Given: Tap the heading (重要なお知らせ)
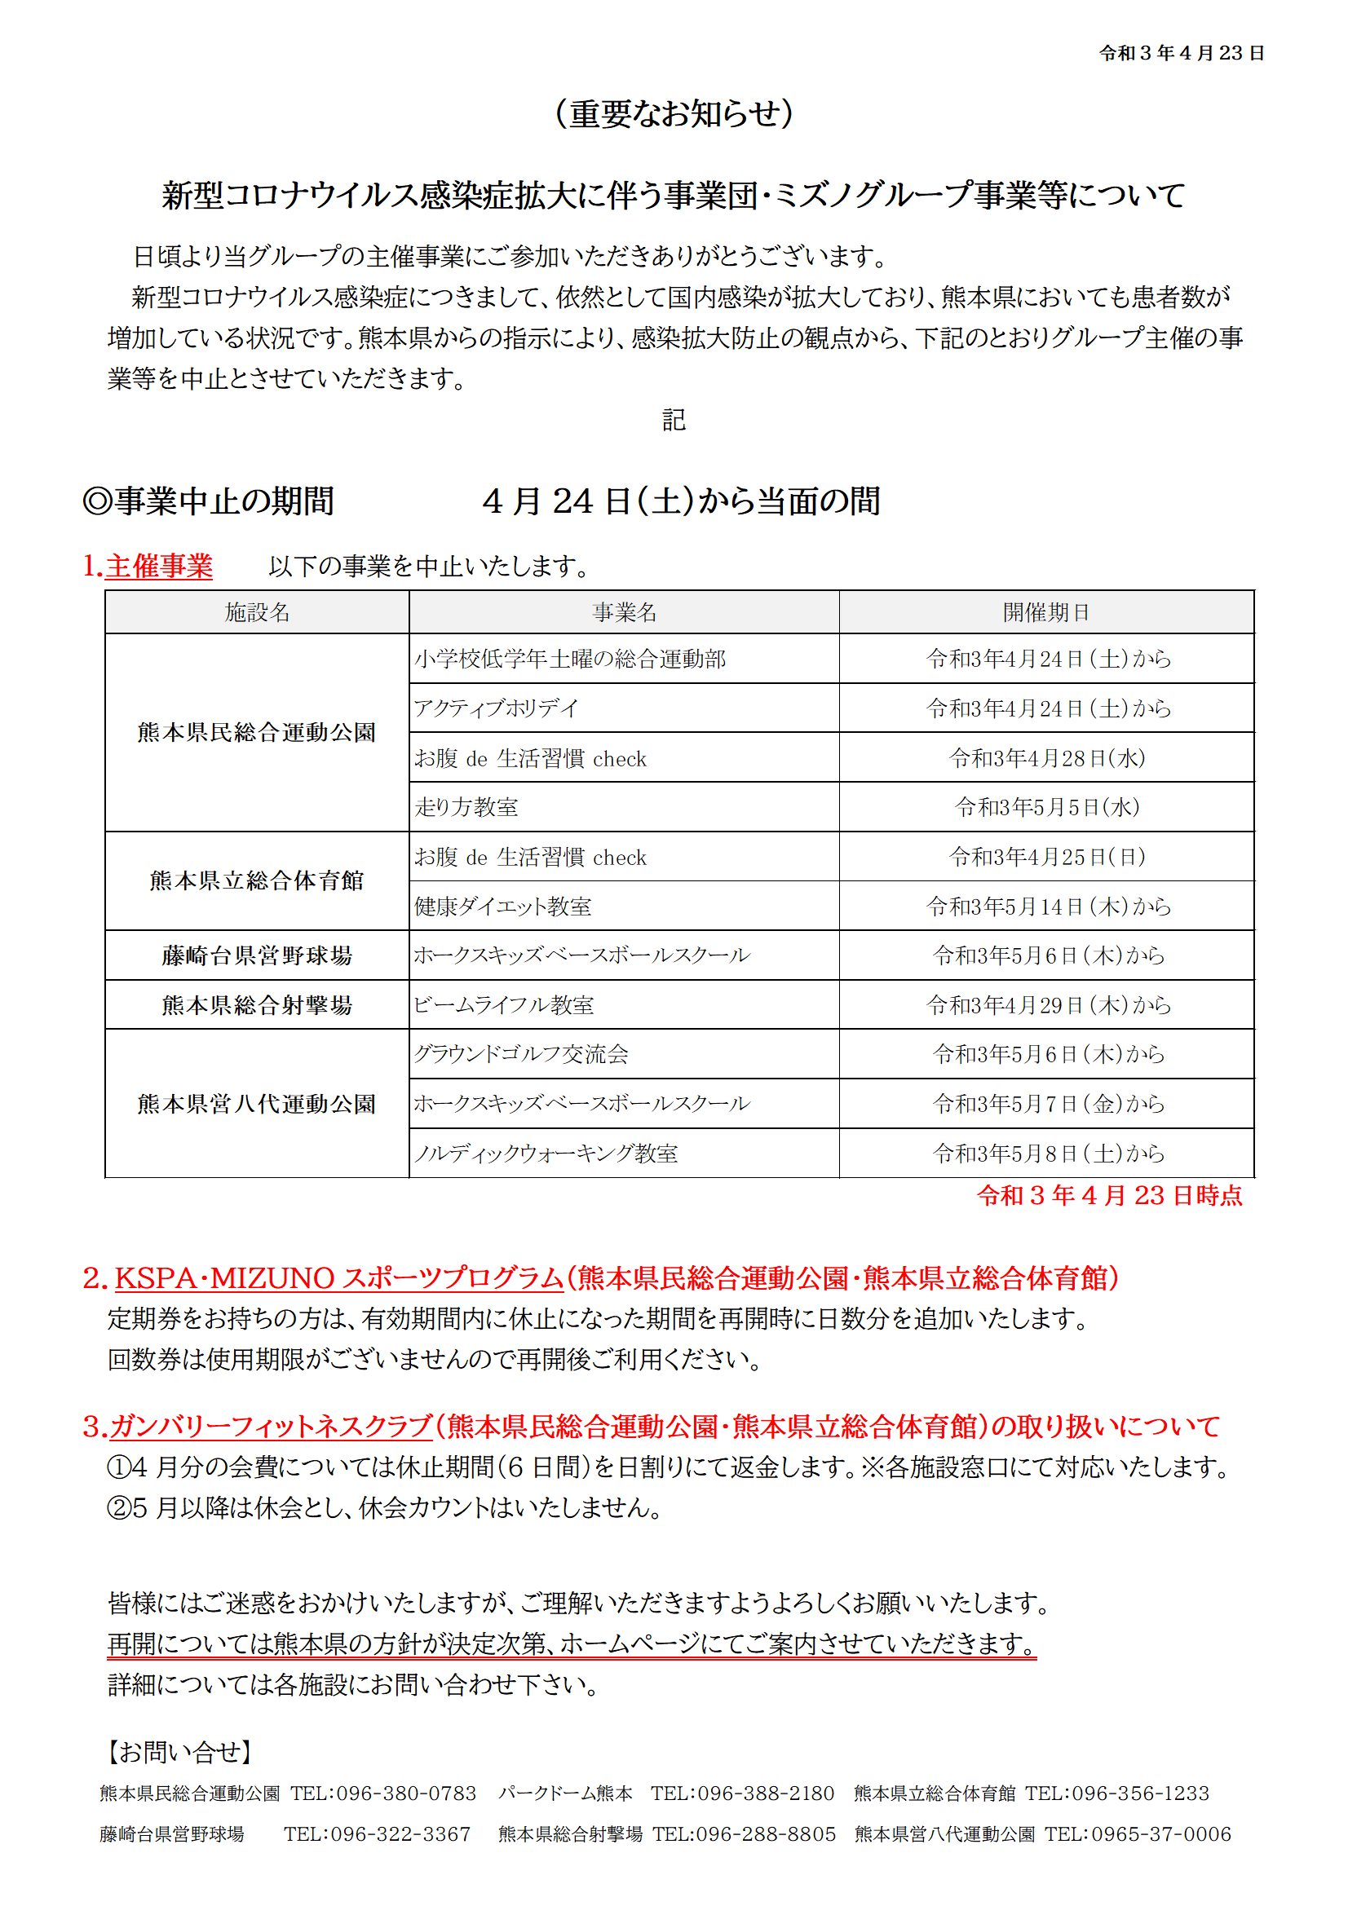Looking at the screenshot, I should pyautogui.click(x=674, y=114).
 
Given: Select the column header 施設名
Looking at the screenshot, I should pyautogui.click(x=257, y=613).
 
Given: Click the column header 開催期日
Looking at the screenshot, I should pyautogui.click(x=1045, y=613).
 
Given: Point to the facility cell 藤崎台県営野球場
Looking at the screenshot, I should pyautogui.click(x=257, y=955).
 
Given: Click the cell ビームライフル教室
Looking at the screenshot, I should pyautogui.click(x=504, y=1005).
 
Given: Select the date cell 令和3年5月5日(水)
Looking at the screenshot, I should pyautogui.click(x=1046, y=807).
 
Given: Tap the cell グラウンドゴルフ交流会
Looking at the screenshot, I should pyautogui.click(x=521, y=1054).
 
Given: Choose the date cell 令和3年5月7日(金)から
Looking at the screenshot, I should pyautogui.click(x=1046, y=1104).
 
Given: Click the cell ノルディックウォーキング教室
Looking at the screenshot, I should pyautogui.click(x=546, y=1153).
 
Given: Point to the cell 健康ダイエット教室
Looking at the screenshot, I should pyautogui.click(x=502, y=907).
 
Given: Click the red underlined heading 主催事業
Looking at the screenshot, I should pyautogui.click(x=159, y=567).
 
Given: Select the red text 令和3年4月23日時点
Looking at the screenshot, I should pyautogui.click(x=1110, y=1195).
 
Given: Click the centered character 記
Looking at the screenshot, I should pyautogui.click(x=674, y=421).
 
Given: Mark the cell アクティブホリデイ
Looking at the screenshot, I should pyautogui.click(x=496, y=708).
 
